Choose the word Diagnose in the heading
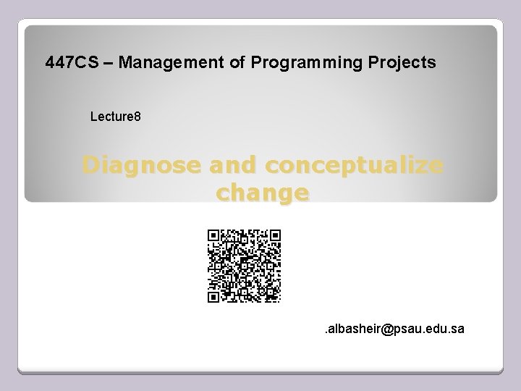[x=142, y=166]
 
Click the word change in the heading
[x=263, y=193]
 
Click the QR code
[x=244, y=266]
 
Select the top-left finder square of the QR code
[x=213, y=235]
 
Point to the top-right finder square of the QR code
[x=274, y=235]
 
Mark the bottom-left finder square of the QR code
[x=213, y=296]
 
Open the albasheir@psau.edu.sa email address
[x=394, y=329]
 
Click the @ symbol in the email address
[x=386, y=329]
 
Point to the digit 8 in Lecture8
[x=127, y=116]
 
